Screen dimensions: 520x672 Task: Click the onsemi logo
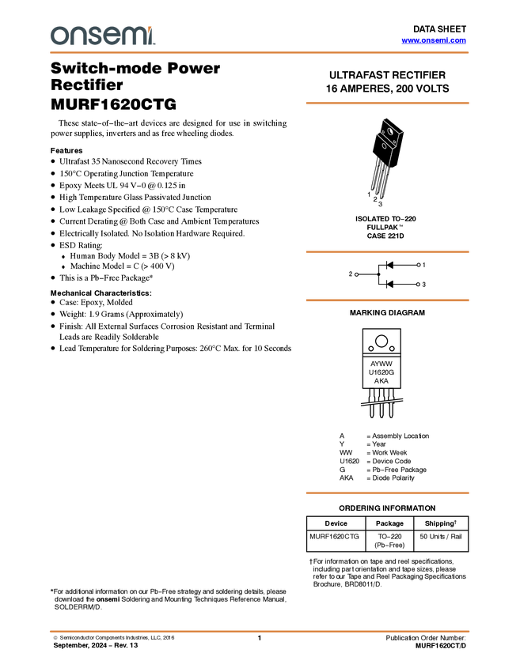coord(102,36)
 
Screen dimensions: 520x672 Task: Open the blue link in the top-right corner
coord(434,40)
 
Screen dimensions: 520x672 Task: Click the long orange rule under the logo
coord(260,53)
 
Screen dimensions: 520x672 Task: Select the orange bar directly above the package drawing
coord(387,103)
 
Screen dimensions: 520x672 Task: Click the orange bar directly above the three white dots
coord(387,252)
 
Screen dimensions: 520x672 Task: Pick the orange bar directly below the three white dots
coord(387,300)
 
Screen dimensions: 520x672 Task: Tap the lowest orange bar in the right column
coord(387,493)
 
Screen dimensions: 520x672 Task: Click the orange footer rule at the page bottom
coord(260,631)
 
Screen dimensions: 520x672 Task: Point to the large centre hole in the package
coord(390,131)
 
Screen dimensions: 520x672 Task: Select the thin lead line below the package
coord(389,157)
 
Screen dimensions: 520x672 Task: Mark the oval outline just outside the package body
coord(385,145)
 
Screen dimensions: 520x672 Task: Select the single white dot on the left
coord(357,274)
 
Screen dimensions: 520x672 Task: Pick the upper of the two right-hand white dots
coord(418,265)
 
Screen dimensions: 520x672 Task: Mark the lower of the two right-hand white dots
coord(418,284)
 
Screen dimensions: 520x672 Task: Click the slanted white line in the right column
coord(381,402)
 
